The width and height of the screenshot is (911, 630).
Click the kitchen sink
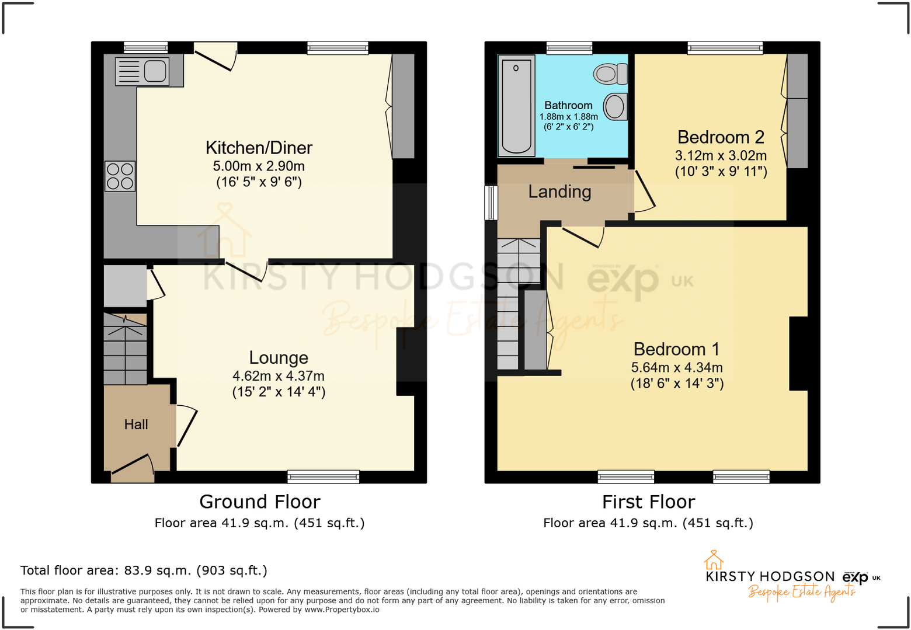(x=155, y=71)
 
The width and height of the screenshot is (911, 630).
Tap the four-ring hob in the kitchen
(x=120, y=176)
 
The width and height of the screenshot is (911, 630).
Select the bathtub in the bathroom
(x=516, y=106)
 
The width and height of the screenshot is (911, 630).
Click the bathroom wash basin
(x=615, y=107)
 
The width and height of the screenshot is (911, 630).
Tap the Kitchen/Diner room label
(x=259, y=148)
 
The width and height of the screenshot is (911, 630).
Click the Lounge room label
(x=279, y=357)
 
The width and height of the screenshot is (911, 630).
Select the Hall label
(x=136, y=424)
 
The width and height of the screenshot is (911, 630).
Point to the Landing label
(x=559, y=192)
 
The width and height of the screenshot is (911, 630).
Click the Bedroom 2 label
(x=721, y=137)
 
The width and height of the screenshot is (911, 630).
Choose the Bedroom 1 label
(x=676, y=349)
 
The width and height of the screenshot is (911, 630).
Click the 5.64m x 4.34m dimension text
(x=676, y=368)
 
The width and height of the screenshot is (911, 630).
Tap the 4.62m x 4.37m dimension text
(x=279, y=376)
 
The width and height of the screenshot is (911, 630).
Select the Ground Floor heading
(x=260, y=502)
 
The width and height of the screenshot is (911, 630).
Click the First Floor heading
(x=648, y=502)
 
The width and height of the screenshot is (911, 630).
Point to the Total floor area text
(x=144, y=570)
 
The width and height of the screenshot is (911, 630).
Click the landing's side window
(x=491, y=203)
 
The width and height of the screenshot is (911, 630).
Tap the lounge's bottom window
(x=323, y=477)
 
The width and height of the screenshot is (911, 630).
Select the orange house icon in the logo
(x=713, y=560)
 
